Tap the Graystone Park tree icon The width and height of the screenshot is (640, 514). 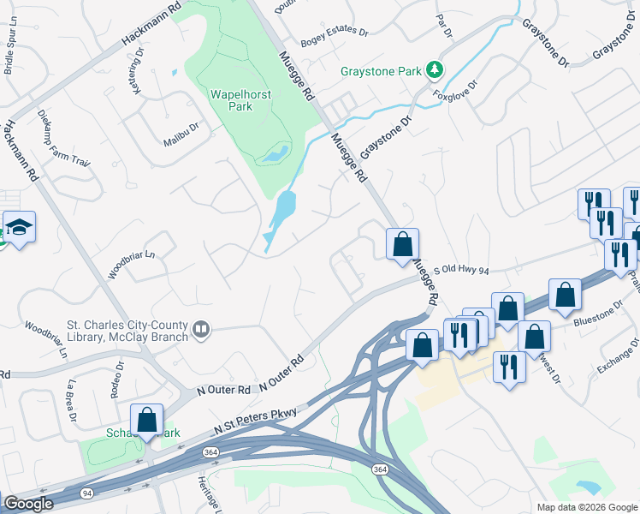coord(436,69)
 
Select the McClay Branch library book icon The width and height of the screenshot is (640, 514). coord(201,329)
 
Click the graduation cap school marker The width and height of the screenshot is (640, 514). coord(19,228)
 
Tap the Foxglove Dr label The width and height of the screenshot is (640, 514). coord(454,90)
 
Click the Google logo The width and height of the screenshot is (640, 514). coord(27,504)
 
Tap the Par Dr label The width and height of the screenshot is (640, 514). coord(443,26)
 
